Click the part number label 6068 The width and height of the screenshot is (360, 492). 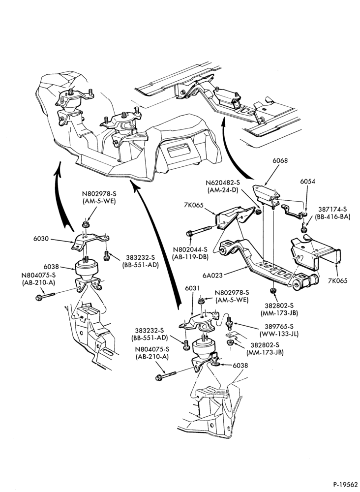[280, 161]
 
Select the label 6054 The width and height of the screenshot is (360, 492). [307, 182]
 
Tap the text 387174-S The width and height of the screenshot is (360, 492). [332, 209]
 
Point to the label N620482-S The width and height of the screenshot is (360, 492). [223, 183]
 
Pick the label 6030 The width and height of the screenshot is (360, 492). [41, 239]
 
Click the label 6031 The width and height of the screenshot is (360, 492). [193, 288]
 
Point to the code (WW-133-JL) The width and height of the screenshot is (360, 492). [279, 334]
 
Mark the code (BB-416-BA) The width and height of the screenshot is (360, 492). [333, 216]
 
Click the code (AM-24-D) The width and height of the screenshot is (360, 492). [223, 190]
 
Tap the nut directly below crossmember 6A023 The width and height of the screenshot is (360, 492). [273, 290]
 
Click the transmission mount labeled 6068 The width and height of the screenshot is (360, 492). [266, 195]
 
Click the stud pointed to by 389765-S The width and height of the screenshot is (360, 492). [229, 322]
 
